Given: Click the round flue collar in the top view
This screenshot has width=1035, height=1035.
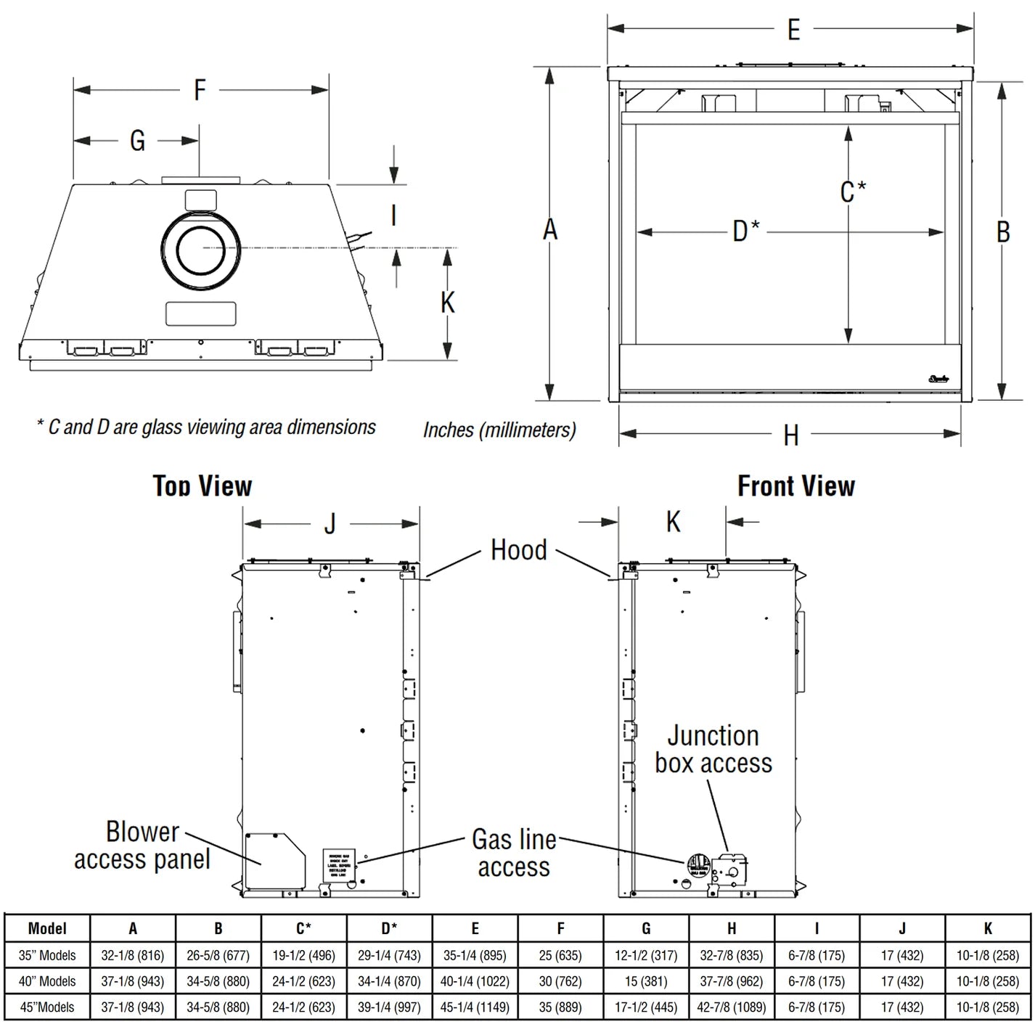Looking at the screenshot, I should [200, 248].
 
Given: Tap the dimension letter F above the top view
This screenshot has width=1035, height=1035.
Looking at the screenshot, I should [200, 90].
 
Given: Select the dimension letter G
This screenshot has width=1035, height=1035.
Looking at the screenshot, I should [137, 140].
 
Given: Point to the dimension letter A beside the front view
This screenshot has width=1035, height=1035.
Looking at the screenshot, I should [550, 230].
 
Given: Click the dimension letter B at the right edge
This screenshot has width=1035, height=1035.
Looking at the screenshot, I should [1002, 232].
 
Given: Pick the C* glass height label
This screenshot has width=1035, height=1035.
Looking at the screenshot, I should [853, 192].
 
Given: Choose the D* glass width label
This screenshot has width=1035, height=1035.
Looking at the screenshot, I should [745, 232].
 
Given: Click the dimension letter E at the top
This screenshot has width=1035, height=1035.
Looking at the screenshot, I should [793, 30].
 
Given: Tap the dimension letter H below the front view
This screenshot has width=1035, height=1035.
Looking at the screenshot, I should [791, 435].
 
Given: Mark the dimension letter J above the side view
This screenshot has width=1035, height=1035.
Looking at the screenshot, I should [330, 523].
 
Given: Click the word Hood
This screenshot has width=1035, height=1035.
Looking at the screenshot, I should [518, 550].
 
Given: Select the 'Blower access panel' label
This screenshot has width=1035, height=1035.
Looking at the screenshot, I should [142, 846].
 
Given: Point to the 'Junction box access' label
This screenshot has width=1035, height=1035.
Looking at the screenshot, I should [713, 749].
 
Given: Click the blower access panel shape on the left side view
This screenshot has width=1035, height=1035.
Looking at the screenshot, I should [274, 860].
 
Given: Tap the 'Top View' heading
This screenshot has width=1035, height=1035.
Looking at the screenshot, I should [202, 486].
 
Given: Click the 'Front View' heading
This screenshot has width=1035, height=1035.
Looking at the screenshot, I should [796, 486].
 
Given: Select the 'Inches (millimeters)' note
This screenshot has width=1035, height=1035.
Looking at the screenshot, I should [499, 430].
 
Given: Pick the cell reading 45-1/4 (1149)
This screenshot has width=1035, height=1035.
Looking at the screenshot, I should [475, 1007].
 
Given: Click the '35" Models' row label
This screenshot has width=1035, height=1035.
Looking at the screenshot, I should [47, 955].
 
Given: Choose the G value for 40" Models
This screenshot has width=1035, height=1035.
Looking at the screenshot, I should [646, 981].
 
